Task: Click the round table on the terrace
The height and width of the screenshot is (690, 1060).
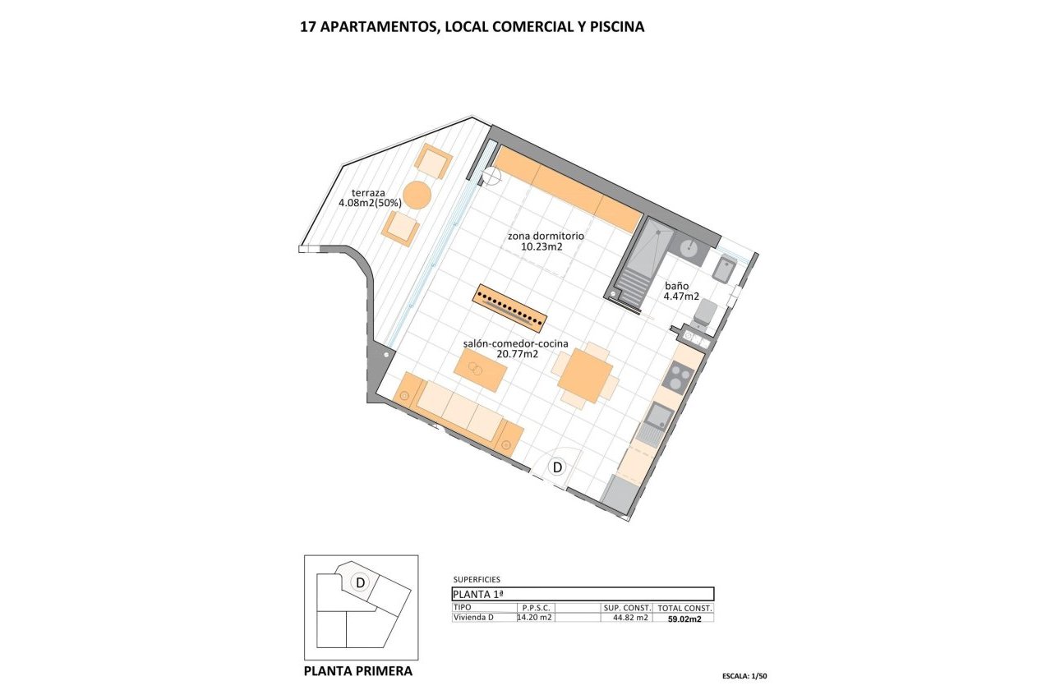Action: [x=417, y=195]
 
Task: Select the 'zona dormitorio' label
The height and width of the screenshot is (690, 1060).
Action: [x=546, y=236]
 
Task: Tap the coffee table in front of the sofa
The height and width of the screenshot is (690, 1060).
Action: [x=481, y=369]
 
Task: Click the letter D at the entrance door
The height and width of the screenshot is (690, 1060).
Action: [x=557, y=467]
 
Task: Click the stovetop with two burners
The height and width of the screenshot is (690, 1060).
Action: [x=679, y=377]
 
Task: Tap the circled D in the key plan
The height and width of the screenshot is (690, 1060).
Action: [x=359, y=582]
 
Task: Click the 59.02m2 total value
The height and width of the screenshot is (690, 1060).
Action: [x=684, y=619]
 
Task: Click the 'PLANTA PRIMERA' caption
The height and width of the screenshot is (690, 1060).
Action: [x=358, y=671]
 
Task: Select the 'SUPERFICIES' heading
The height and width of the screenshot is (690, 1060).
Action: [x=476, y=579]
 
